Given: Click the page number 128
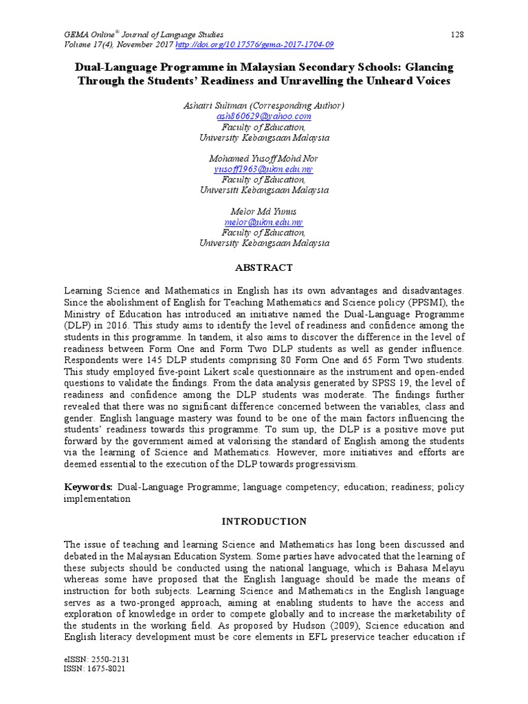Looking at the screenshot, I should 457,34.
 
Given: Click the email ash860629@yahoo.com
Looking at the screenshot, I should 264,117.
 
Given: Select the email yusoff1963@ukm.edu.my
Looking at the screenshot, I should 264,169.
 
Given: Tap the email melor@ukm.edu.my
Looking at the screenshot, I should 264,223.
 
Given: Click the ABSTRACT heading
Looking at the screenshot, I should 264,267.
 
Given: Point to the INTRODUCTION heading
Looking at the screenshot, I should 264,522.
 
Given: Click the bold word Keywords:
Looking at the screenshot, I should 89,487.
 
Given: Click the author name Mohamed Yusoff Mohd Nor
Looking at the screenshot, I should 264,159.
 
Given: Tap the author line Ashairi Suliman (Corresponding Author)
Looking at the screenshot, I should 264,106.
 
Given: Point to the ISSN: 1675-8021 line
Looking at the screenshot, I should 93,669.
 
